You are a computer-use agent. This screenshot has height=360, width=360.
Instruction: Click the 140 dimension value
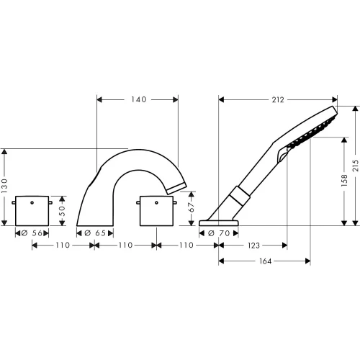point(139,99)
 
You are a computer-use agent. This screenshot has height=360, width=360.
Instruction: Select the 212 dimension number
point(278,99)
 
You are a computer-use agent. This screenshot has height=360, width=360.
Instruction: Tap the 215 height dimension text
point(356,166)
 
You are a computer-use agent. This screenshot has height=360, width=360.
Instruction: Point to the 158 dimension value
point(344,181)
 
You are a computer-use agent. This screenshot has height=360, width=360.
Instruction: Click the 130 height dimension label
point(4,186)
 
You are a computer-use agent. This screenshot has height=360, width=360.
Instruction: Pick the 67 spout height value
point(192,207)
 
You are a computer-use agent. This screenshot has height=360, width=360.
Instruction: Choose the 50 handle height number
point(62,211)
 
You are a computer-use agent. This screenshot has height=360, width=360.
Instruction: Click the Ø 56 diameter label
point(32,233)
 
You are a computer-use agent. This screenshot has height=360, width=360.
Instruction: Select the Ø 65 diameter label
point(95,233)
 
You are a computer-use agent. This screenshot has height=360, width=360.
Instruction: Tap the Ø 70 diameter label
point(219,233)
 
